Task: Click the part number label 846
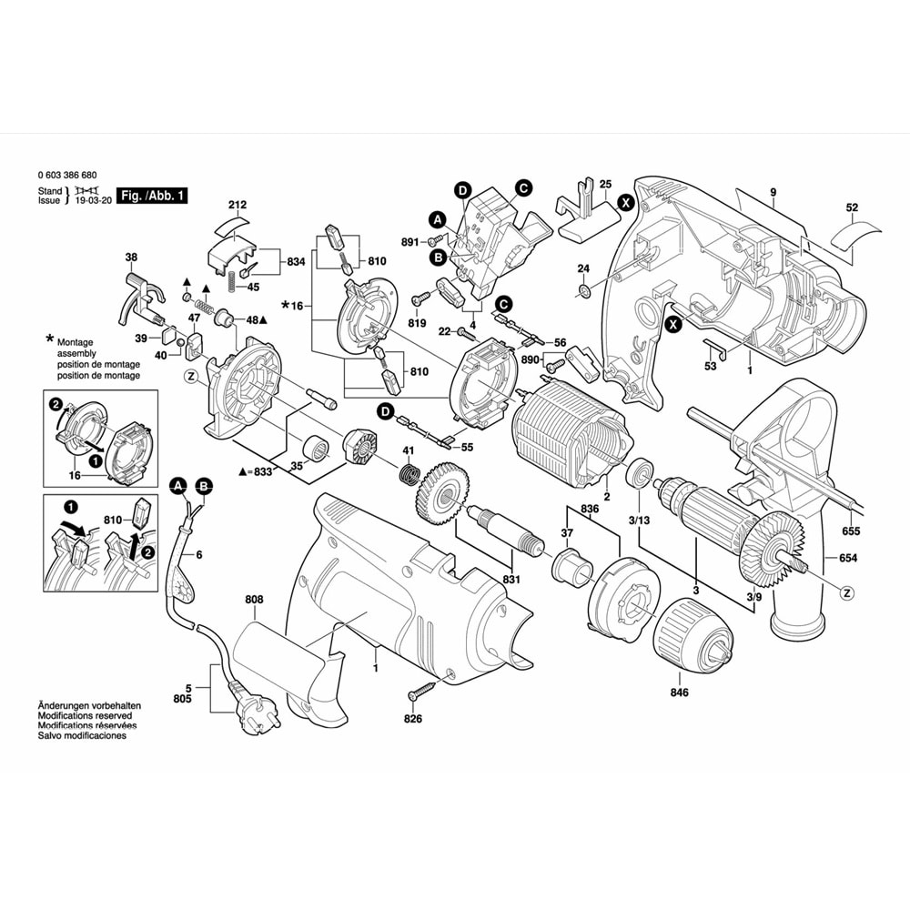679,693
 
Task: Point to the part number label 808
254,600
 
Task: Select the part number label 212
238,205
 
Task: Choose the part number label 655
852,531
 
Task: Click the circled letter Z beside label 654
847,592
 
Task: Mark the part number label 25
606,184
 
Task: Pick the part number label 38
131,258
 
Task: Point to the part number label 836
590,508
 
